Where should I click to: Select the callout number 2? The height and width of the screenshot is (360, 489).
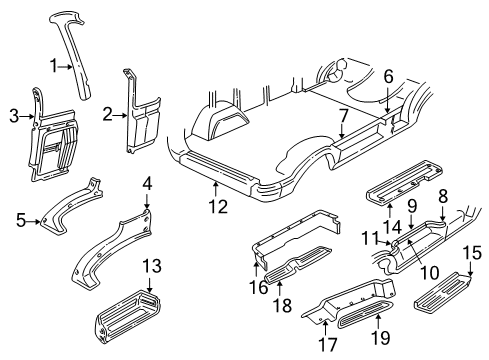(106, 115)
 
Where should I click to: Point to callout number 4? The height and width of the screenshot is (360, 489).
(147, 184)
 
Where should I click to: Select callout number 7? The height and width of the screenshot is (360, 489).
(343, 116)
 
